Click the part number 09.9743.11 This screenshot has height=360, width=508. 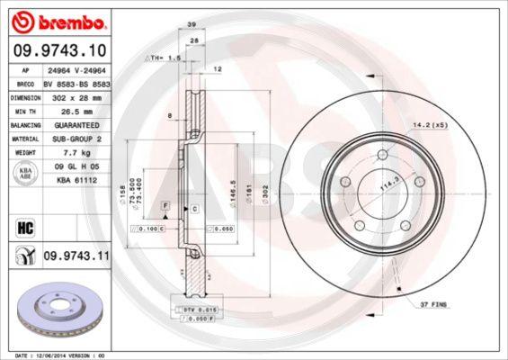76,257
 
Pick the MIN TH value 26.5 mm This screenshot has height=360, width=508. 76,109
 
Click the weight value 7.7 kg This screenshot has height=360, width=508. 76,154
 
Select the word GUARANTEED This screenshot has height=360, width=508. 76,124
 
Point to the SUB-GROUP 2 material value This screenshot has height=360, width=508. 76,139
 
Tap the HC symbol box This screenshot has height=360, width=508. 24,227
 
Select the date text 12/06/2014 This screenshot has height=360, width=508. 63,355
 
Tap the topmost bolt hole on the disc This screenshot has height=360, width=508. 383,156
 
